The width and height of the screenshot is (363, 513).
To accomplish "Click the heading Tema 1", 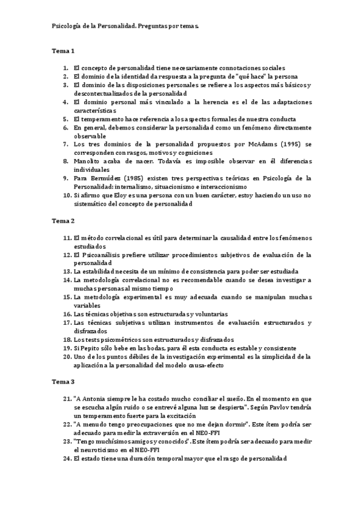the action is [x=63, y=51].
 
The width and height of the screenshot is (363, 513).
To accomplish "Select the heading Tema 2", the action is [x=63, y=221].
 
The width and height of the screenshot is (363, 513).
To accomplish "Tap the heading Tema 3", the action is [x=63, y=382].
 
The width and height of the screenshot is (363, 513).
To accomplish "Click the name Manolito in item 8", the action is [x=88, y=162].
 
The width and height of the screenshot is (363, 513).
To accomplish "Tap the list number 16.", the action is [x=67, y=315].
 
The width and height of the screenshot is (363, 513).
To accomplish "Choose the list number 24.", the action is [x=67, y=459].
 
